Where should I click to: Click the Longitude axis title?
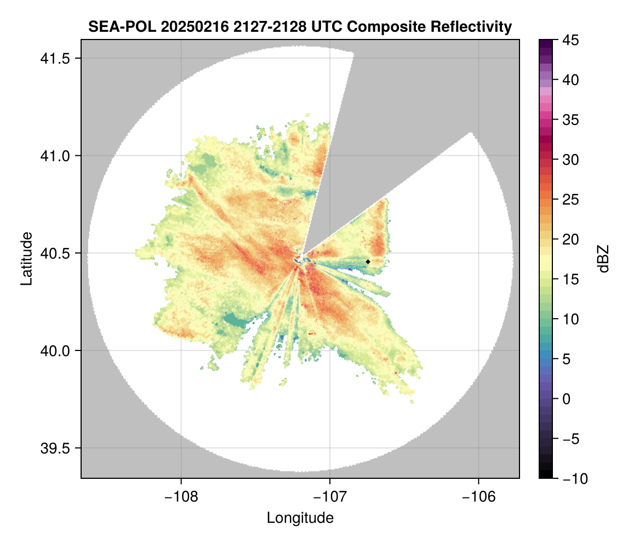tap(300, 518)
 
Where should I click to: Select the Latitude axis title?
tap(26, 258)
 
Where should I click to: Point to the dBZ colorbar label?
tap(603, 258)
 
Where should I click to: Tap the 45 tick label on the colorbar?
tap(570, 40)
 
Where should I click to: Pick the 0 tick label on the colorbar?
tap(567, 399)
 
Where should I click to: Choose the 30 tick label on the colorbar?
tap(570, 160)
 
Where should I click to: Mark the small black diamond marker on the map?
tap(368, 262)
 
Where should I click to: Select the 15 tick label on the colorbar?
tap(570, 279)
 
